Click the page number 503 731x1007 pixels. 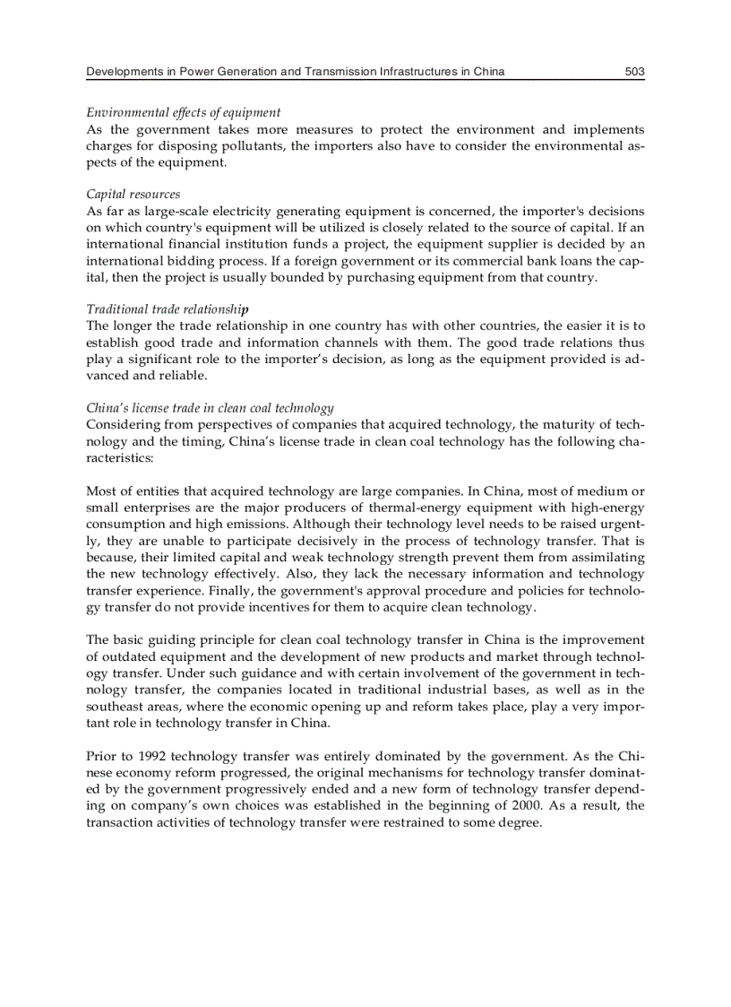pyautogui.click(x=634, y=72)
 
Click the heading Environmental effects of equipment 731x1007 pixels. pyautogui.click(x=183, y=112)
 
